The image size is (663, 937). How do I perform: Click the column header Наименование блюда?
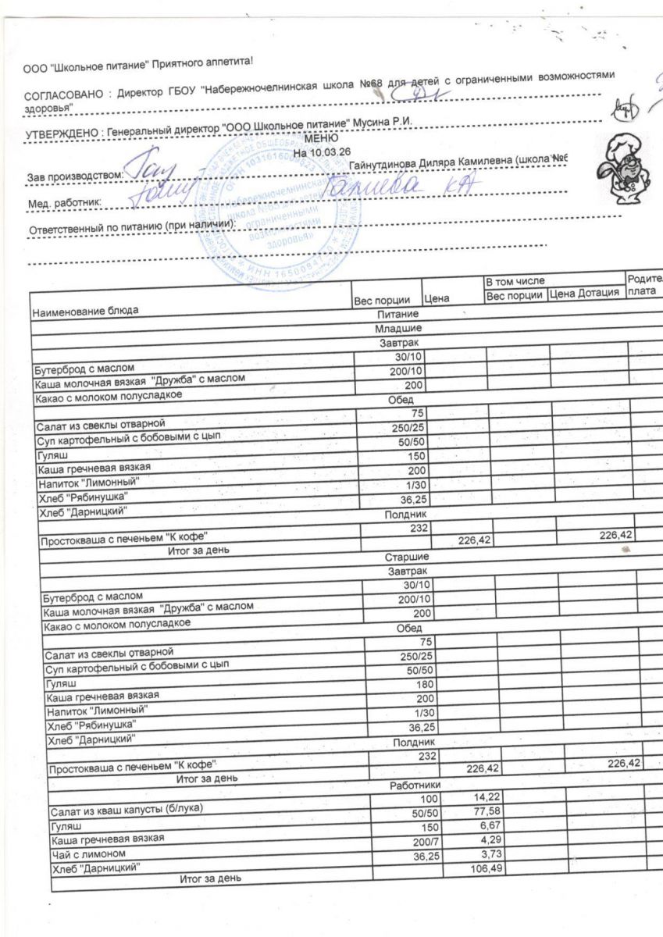[x=85, y=312]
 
